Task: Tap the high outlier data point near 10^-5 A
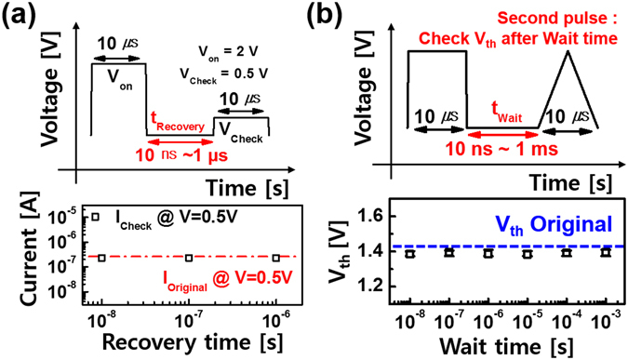pos(95,217)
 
